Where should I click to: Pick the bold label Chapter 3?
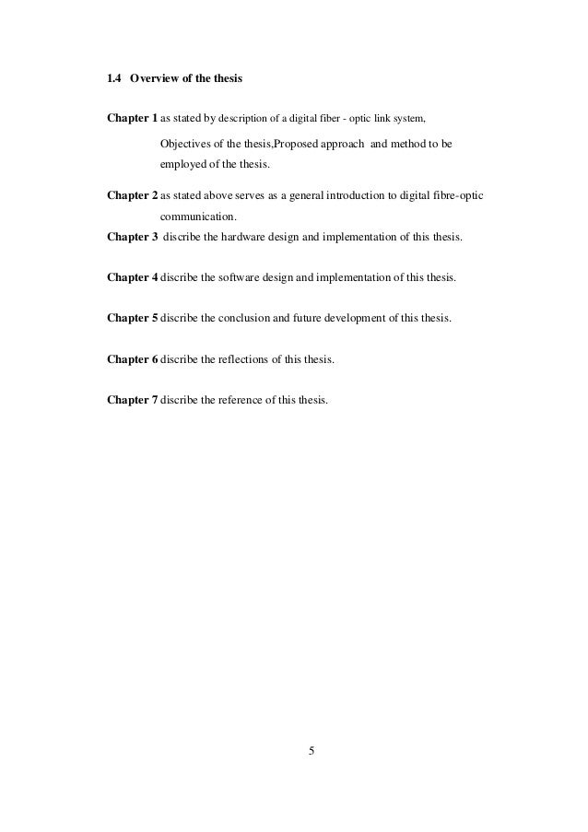click(133, 237)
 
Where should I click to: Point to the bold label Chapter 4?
click(133, 277)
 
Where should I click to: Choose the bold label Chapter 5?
click(133, 318)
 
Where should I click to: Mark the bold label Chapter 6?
click(133, 359)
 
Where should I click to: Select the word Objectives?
click(189, 146)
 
